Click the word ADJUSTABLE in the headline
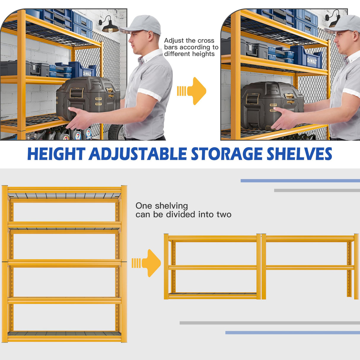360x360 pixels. point(138,154)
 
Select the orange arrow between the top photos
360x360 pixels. point(193,91)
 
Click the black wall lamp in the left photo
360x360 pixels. point(109,26)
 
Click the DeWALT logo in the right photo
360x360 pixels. point(312,61)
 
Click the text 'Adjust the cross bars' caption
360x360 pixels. point(191,47)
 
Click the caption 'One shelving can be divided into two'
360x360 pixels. point(183,210)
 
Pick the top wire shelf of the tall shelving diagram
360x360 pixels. point(64,196)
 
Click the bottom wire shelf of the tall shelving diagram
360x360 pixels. point(64,334)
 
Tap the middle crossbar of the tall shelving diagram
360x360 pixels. point(64,263)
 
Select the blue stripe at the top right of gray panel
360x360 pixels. point(300,181)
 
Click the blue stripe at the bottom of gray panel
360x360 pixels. point(292,333)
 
